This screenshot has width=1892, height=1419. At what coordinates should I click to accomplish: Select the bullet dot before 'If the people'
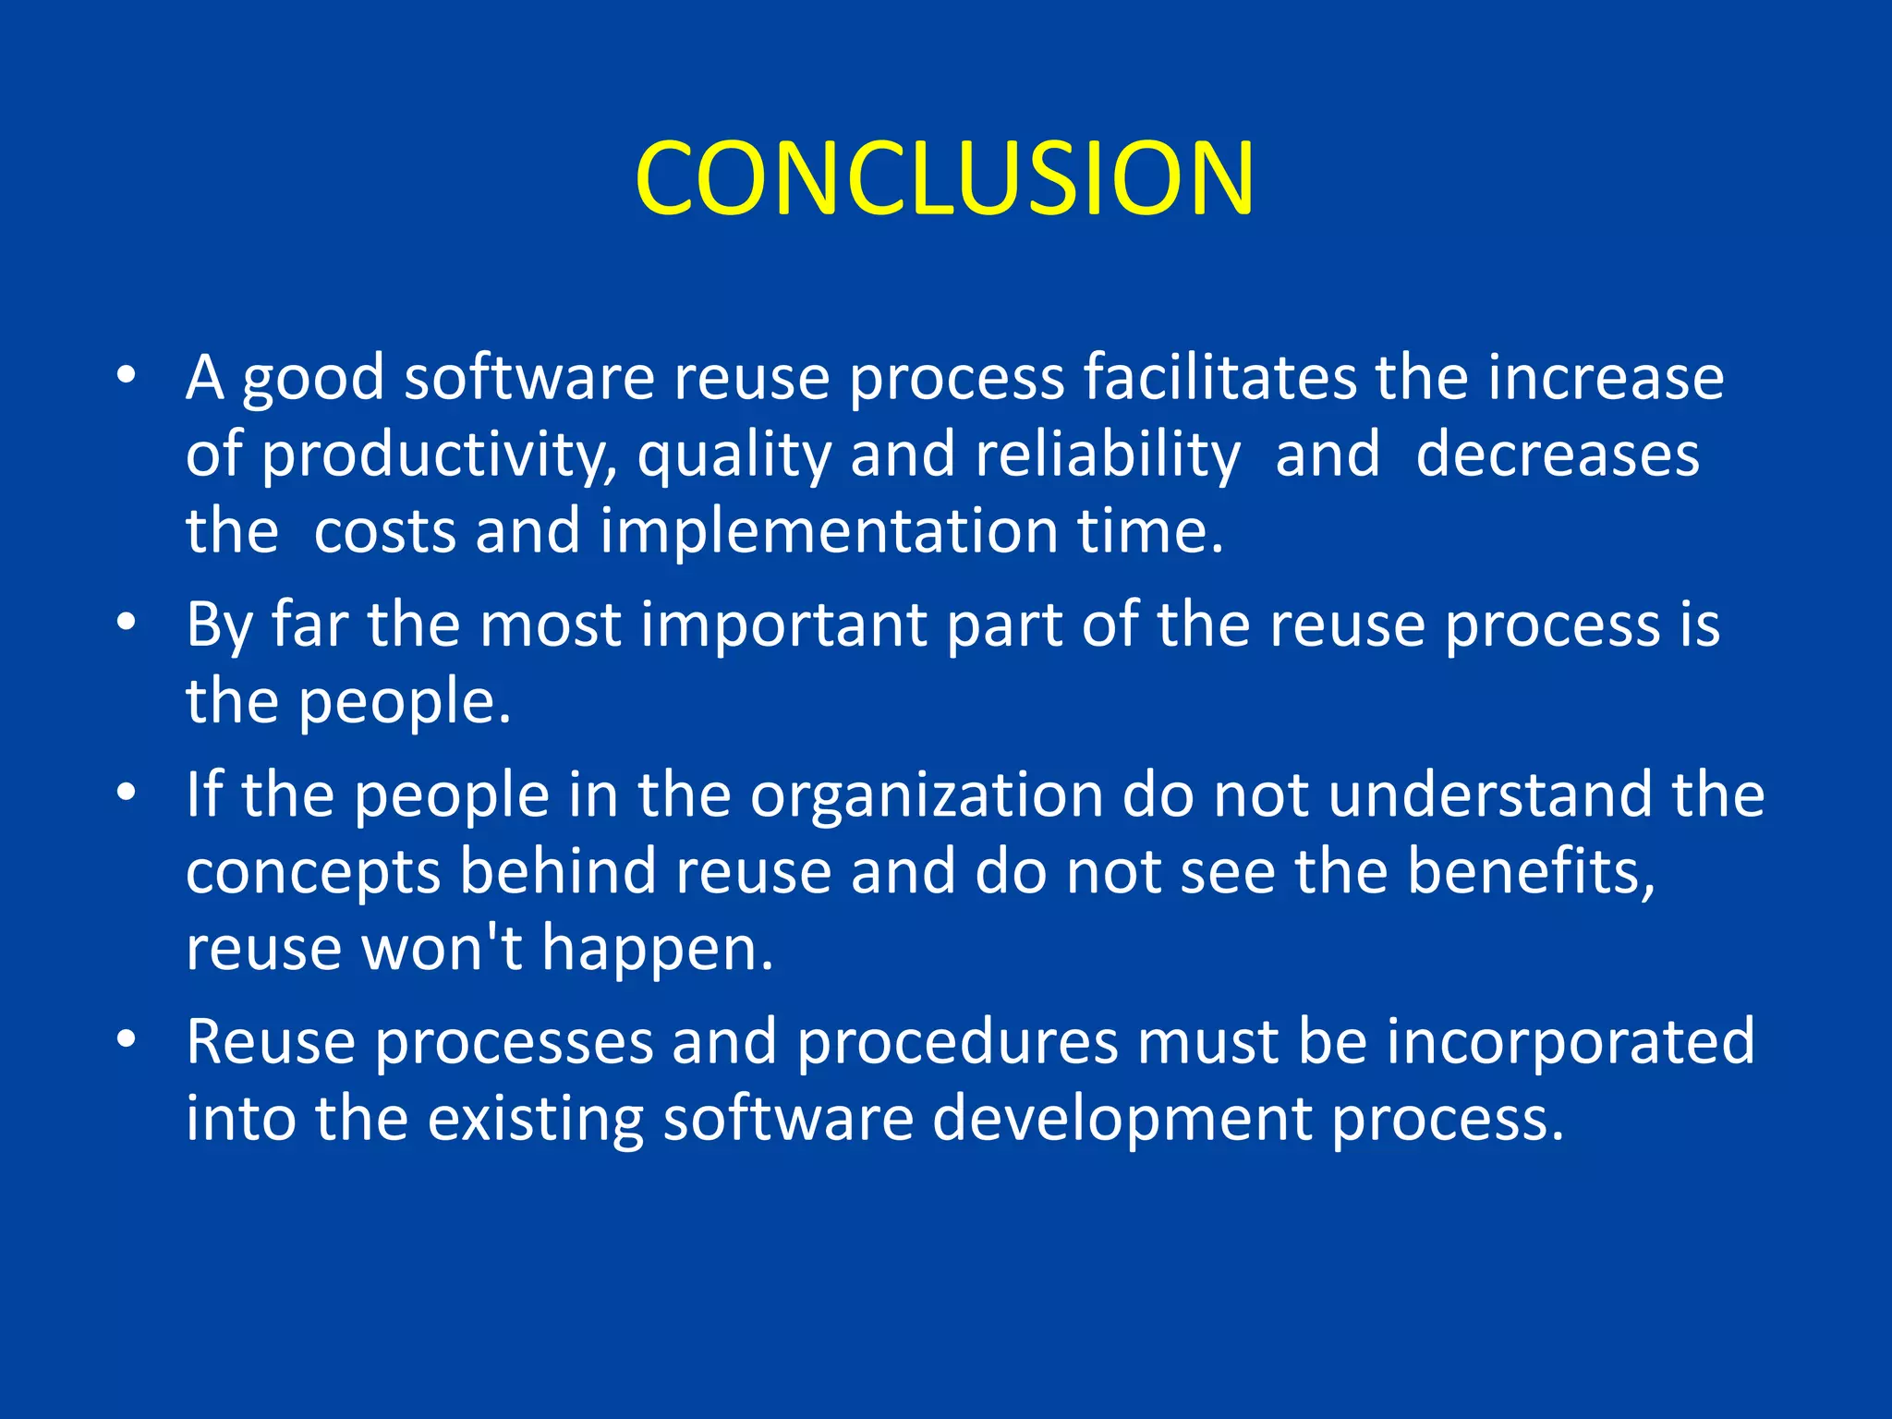coord(127,792)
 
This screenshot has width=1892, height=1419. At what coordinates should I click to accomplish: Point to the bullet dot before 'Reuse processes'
coord(127,1038)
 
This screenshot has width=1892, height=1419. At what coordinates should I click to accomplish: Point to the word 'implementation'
coord(829,531)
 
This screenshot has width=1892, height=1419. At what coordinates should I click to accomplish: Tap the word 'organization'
coord(926,794)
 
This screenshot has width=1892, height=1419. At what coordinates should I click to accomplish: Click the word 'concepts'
coord(313,873)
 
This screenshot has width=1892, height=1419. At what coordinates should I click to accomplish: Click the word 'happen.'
coord(657,950)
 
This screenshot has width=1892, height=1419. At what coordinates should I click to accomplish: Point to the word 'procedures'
coord(957,1042)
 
